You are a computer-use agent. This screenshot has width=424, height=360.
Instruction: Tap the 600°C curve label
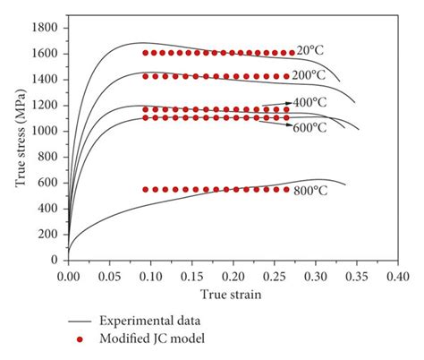click(x=310, y=128)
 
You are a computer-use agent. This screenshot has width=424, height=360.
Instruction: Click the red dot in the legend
click(x=81, y=339)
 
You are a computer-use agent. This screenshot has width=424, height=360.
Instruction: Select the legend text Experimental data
click(x=149, y=320)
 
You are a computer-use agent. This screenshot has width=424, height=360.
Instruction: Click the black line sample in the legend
click(x=81, y=320)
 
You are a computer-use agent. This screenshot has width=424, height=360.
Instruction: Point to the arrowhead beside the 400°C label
click(x=289, y=104)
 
